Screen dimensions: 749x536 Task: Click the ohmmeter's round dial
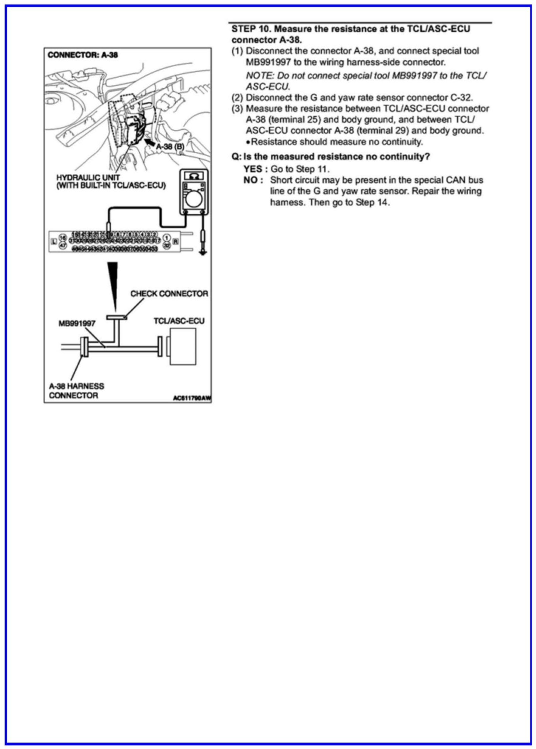pyautogui.click(x=194, y=199)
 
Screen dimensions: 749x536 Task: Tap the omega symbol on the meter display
pyautogui.click(x=194, y=176)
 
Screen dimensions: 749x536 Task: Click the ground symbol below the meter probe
pyautogui.click(x=203, y=253)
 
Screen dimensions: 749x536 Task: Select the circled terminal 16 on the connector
pyautogui.click(x=63, y=238)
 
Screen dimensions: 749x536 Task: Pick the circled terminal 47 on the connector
pyautogui.click(x=63, y=245)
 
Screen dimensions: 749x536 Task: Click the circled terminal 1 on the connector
pyautogui.click(x=167, y=238)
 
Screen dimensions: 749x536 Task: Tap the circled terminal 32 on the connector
pyautogui.click(x=167, y=245)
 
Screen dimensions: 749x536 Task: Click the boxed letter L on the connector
pyautogui.click(x=54, y=242)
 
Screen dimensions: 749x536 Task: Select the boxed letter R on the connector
pyautogui.click(x=176, y=242)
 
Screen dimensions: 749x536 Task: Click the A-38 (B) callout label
pyautogui.click(x=170, y=147)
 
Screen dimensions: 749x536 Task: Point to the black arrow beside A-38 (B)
pyautogui.click(x=150, y=142)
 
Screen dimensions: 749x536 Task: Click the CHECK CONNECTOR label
pyautogui.click(x=169, y=294)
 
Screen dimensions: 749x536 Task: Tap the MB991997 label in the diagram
pyautogui.click(x=77, y=323)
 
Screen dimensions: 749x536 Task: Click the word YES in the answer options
pyautogui.click(x=253, y=169)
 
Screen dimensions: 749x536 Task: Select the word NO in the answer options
pyautogui.click(x=250, y=180)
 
